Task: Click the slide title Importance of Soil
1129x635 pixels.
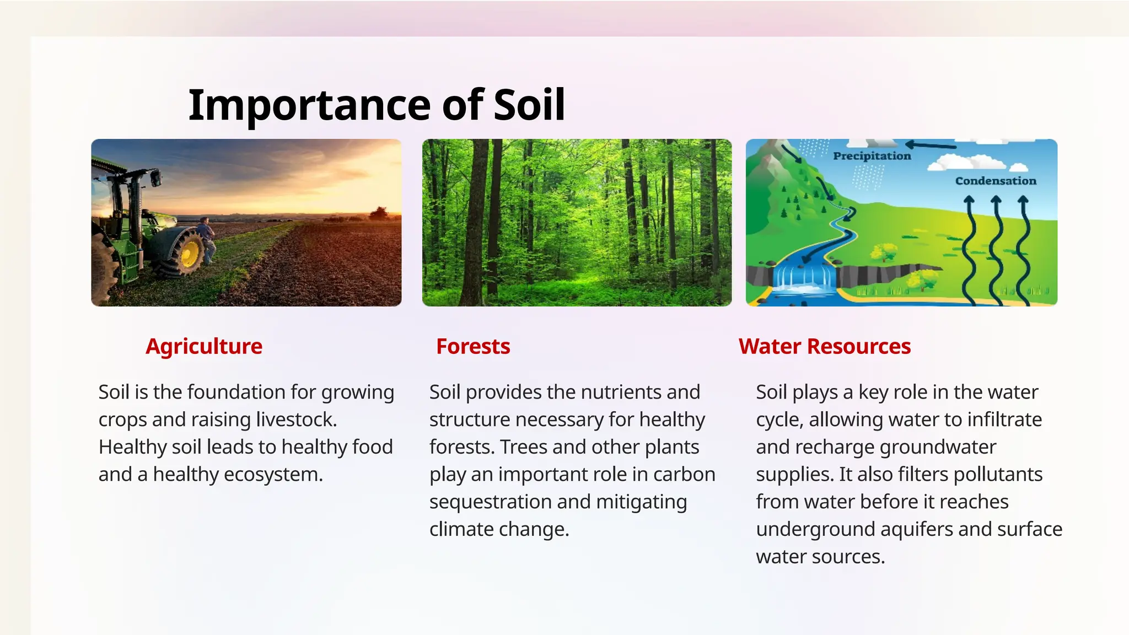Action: point(377,105)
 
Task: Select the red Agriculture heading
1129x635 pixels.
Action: point(204,347)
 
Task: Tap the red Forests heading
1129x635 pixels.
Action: point(473,347)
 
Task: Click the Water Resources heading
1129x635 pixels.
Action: point(824,347)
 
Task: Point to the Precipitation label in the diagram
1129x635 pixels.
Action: point(872,156)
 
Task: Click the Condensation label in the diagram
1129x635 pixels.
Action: point(995,181)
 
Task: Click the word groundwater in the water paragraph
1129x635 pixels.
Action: point(937,447)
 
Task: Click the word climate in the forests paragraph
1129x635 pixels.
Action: point(461,530)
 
